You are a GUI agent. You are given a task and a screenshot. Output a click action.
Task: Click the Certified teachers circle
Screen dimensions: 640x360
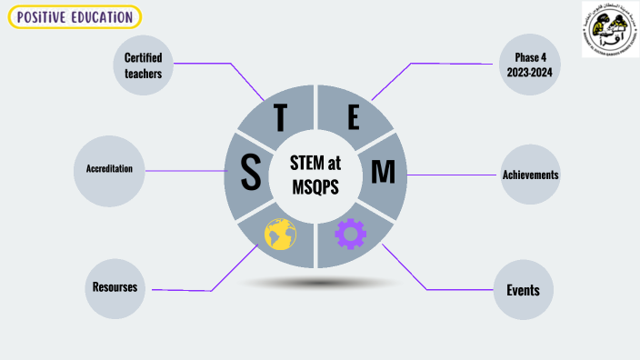pyautogui.click(x=143, y=65)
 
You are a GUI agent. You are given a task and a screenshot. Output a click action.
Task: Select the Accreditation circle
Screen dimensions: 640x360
pyautogui.click(x=109, y=170)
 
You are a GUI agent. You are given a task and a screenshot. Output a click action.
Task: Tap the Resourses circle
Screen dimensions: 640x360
pyautogui.click(x=115, y=288)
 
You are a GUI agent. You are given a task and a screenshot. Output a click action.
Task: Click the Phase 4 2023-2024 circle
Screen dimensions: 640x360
pyautogui.click(x=529, y=65)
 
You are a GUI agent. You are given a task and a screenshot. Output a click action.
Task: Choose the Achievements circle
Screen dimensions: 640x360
pyautogui.click(x=530, y=175)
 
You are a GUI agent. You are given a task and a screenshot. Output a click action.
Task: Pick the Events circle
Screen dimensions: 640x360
pyautogui.click(x=523, y=291)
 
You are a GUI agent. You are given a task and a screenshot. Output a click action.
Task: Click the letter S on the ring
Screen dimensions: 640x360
pyautogui.click(x=250, y=173)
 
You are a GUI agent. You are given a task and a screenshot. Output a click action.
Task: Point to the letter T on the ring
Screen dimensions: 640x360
pyautogui.click(x=281, y=118)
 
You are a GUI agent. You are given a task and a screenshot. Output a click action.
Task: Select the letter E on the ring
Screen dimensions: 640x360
pyautogui.click(x=354, y=117)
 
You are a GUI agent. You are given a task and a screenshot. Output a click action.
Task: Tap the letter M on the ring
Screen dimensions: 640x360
pyautogui.click(x=384, y=172)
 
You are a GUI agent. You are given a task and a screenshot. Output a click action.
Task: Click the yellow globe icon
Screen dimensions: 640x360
pyautogui.click(x=280, y=234)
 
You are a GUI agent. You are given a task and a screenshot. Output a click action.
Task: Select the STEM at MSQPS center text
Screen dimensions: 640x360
pyautogui.click(x=316, y=173)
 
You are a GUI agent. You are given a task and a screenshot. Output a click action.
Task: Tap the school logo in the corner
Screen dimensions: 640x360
pyautogui.click(x=608, y=29)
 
